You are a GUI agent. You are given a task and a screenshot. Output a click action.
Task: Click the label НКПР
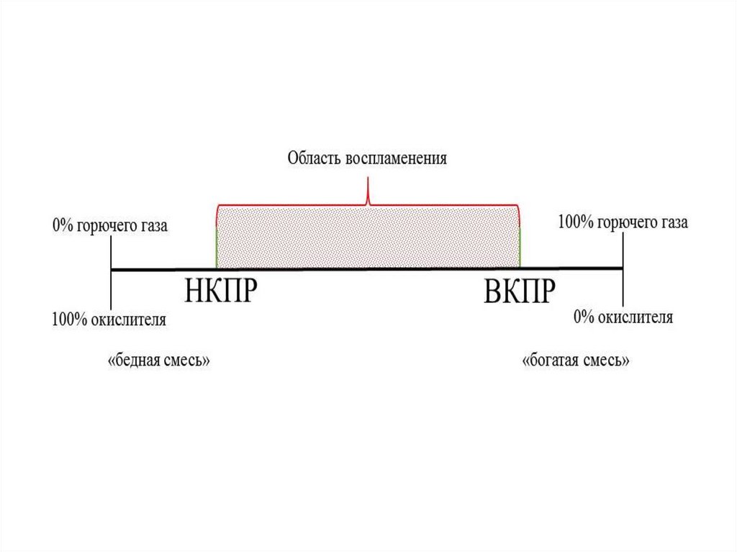pyautogui.click(x=221, y=289)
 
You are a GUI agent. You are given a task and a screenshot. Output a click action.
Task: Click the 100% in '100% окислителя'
pyautogui.click(x=68, y=320)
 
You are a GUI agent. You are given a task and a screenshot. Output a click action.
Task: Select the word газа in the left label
pyautogui.click(x=154, y=226)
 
